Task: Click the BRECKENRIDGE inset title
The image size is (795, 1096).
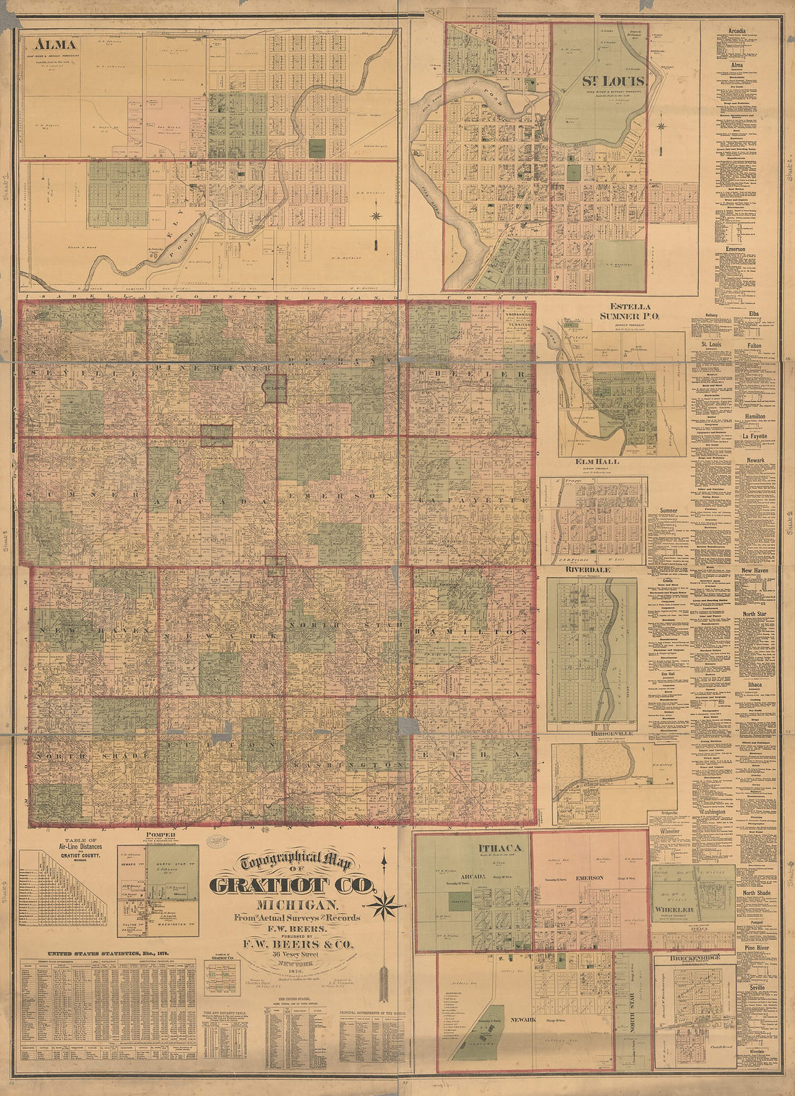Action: (695, 958)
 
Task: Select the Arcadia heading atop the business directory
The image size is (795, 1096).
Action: (737, 31)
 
